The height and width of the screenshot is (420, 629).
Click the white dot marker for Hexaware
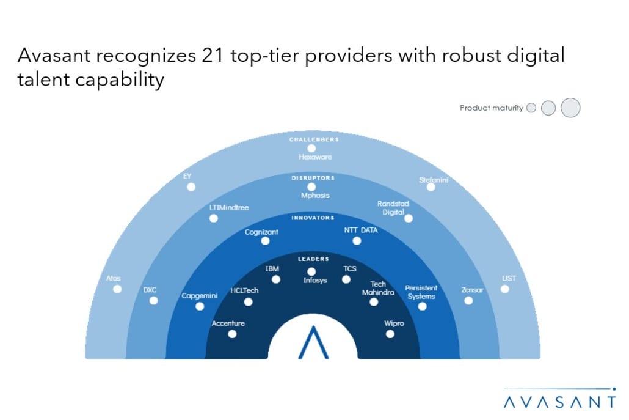[x=311, y=148]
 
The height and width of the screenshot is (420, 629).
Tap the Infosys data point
[x=311, y=271]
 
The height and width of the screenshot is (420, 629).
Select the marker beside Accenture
[x=232, y=334]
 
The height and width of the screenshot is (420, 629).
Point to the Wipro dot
[x=390, y=334]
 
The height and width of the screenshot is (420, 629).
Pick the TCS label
[x=350, y=268]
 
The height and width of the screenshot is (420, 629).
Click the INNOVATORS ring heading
[x=313, y=218]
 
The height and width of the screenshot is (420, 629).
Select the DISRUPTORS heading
[x=312, y=178]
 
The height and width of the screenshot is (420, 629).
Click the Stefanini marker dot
[x=431, y=187]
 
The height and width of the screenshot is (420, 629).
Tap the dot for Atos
[x=117, y=289]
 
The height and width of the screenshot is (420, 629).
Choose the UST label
[x=509, y=279]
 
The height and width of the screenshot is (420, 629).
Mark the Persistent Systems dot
[x=422, y=306]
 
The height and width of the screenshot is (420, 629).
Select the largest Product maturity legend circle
[x=570, y=108]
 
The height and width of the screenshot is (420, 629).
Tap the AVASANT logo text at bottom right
[x=559, y=402]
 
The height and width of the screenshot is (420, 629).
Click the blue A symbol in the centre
[x=313, y=342]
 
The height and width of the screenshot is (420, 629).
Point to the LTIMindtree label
[x=229, y=208]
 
